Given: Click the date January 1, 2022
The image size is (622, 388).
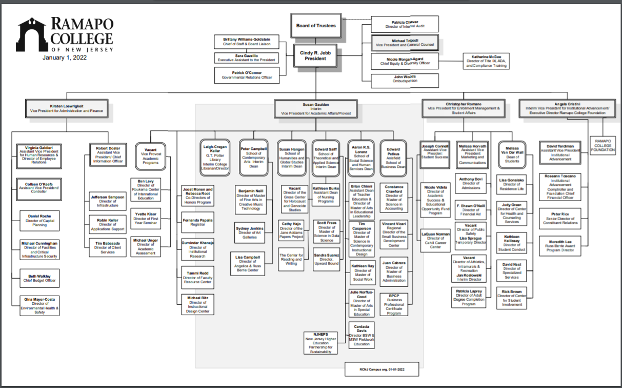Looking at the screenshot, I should pyautogui.click(x=65, y=58).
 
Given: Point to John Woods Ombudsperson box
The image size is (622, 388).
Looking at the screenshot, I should pyautogui.click(x=405, y=79).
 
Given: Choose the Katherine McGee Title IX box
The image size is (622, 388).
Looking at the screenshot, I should pyautogui.click(x=486, y=61).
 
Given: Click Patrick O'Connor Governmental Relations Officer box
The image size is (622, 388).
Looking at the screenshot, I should pyautogui.click(x=247, y=75).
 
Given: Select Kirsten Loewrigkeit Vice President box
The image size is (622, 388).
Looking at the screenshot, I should pyautogui.click(x=66, y=108).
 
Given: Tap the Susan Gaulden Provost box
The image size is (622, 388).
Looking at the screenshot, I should pyautogui.click(x=316, y=108).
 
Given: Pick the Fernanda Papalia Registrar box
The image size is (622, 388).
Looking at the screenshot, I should pyautogui.click(x=197, y=222).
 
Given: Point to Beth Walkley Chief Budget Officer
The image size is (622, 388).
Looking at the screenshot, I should pyautogui.click(x=39, y=278).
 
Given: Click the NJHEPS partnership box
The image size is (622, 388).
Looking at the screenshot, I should pyautogui.click(x=320, y=342).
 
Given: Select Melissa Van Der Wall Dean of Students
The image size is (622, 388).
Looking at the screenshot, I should pyautogui.click(x=512, y=153).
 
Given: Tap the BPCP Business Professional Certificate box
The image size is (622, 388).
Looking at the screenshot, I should pyautogui.click(x=394, y=304).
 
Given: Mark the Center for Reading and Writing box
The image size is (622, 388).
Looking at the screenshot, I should pyautogui.click(x=291, y=259).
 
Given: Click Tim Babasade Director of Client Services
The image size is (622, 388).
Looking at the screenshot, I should pyautogui.click(x=108, y=247).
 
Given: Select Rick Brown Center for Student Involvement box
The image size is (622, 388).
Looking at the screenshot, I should pyautogui.click(x=512, y=298).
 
